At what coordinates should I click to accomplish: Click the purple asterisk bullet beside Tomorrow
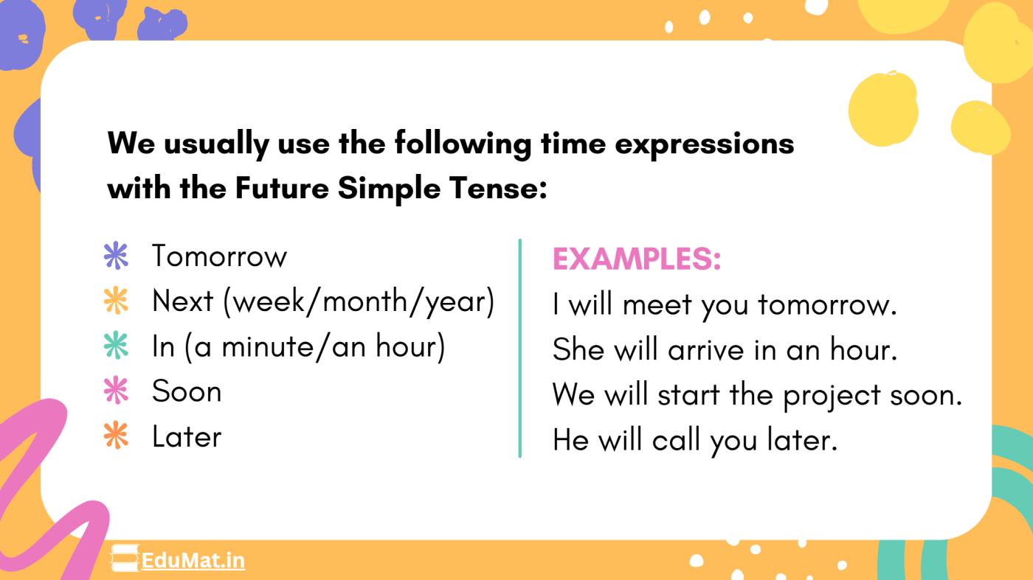coord(116,256)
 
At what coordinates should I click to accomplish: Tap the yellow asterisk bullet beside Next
coord(116,301)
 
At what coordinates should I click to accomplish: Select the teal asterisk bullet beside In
coord(116,346)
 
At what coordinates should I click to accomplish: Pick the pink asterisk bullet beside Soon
coord(116,391)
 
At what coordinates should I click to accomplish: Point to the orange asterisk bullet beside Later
coord(116,436)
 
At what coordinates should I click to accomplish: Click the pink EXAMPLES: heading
coord(636,259)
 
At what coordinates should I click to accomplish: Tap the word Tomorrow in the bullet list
coord(219,256)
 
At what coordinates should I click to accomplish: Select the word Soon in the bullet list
coord(186,391)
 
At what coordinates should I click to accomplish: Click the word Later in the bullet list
coord(186,436)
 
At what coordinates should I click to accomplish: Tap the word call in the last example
coord(677,441)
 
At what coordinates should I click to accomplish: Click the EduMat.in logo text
coord(193,561)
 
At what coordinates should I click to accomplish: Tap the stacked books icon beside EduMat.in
coord(125,559)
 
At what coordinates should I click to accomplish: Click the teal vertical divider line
coord(520,347)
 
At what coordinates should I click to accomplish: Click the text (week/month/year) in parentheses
coord(359,301)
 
